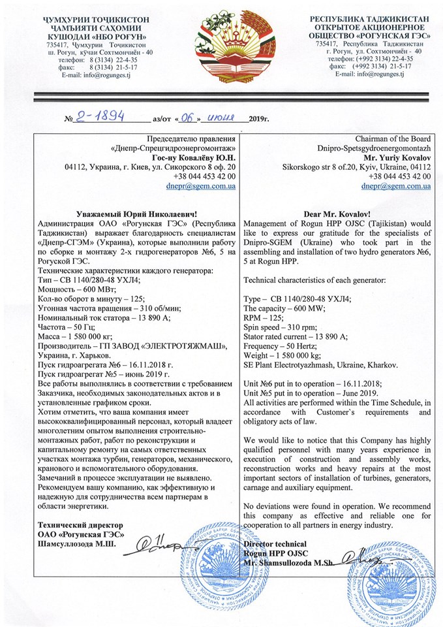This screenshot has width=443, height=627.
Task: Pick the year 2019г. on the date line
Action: coord(258,120)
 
